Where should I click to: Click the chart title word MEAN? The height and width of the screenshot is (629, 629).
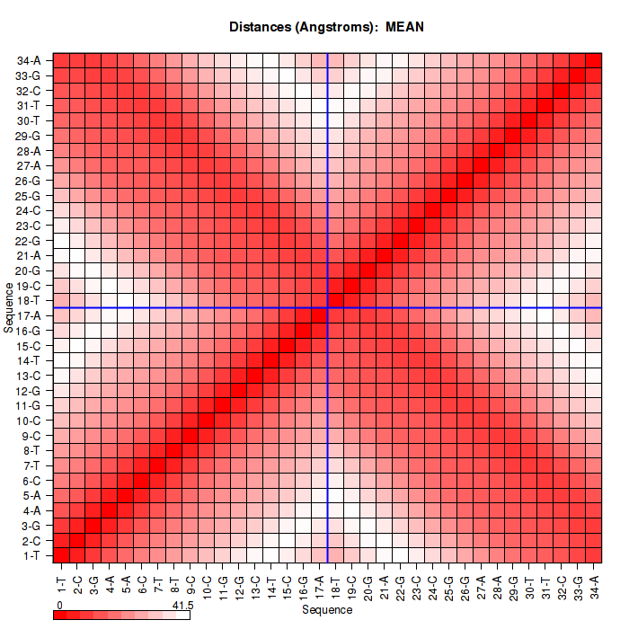point(404,27)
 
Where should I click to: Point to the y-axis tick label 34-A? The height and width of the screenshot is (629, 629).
point(29,61)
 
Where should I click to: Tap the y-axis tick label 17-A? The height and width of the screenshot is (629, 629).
point(29,315)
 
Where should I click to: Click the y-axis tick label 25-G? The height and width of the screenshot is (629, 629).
point(29,196)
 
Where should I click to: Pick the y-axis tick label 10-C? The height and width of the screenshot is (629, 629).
point(29,421)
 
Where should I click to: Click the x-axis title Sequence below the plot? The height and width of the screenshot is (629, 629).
point(327,610)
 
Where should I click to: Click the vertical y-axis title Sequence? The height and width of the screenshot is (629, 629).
point(8,306)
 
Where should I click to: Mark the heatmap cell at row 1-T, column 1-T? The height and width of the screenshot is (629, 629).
point(62,554)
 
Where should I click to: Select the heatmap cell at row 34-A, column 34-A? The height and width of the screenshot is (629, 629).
point(594,60)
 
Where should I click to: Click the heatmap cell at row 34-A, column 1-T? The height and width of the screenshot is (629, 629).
point(62,60)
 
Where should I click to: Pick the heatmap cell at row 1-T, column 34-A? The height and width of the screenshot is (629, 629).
point(594,554)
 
